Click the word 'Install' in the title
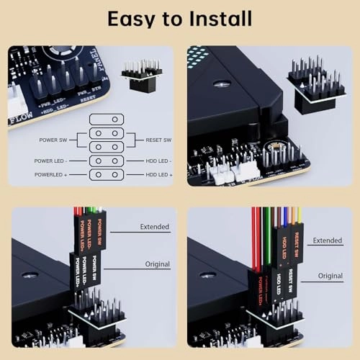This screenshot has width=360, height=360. pyautogui.click(x=217, y=19)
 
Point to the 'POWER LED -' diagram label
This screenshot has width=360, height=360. pyautogui.click(x=53, y=161)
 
